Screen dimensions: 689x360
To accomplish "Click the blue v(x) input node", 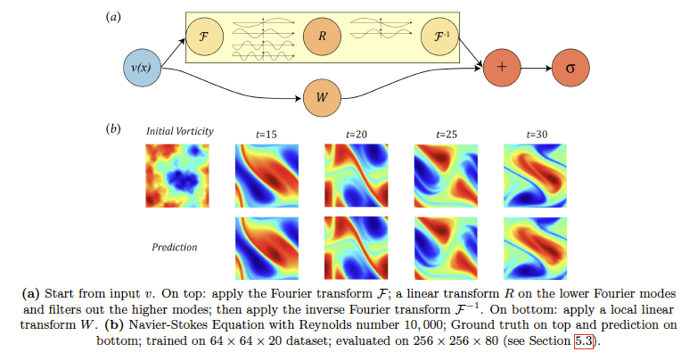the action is click(142, 68).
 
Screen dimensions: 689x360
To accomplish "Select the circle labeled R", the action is click(322, 37).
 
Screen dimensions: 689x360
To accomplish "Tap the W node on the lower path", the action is click(322, 98).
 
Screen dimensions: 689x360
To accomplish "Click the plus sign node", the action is click(502, 68).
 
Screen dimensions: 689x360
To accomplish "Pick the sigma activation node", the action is click(570, 68).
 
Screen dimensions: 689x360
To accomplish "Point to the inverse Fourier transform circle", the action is click(439, 37).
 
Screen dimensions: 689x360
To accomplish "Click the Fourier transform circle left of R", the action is click(204, 37).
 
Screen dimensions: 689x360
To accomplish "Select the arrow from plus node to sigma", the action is click(536, 68).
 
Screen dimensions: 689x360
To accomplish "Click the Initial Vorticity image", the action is click(177, 176).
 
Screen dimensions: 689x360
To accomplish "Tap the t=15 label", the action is click(267, 135).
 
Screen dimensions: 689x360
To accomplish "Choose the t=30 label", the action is click(537, 135).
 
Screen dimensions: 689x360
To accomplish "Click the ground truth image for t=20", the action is click(357, 176).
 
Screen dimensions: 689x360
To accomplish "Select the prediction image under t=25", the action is click(446, 249).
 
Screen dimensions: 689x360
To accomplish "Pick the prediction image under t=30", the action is click(535, 249).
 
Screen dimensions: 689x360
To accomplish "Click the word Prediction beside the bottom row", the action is click(175, 247).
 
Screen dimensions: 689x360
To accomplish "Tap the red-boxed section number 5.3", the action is click(584, 341).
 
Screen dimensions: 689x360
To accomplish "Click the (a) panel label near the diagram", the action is click(113, 17).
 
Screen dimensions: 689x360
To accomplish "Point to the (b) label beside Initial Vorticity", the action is click(113, 129).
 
